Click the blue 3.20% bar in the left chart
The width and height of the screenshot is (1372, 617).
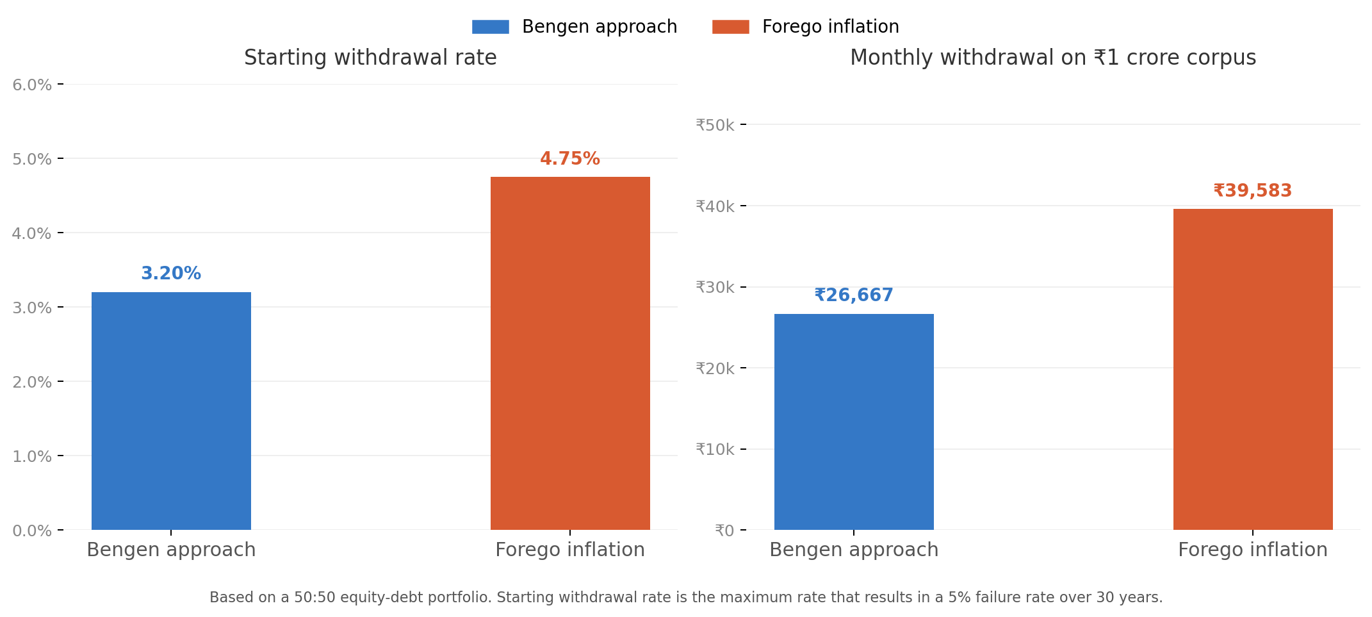171,411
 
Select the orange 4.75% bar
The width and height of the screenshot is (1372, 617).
570,353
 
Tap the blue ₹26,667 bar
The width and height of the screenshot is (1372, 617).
854,422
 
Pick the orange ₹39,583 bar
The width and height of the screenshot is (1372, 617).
1252,369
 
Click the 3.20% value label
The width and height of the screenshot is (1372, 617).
171,274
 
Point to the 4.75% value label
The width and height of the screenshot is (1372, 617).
570,159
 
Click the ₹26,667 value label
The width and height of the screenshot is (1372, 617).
854,295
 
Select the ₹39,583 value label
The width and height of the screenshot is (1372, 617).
1252,191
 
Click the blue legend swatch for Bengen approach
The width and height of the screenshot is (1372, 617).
490,27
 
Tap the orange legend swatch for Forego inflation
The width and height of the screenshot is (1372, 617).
730,27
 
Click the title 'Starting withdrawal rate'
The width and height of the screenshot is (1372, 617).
370,58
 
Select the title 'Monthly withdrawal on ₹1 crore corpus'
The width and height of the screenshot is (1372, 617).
1052,58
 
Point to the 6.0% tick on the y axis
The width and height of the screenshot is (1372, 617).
32,85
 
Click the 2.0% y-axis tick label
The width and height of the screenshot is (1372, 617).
32,382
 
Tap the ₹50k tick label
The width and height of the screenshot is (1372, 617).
715,125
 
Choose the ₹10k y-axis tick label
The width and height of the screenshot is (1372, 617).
715,449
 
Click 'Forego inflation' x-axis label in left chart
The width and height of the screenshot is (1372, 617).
570,550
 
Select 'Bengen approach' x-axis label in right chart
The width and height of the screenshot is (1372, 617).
854,550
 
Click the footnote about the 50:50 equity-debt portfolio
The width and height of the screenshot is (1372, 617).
686,597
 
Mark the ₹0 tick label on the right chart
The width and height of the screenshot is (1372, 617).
724,531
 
